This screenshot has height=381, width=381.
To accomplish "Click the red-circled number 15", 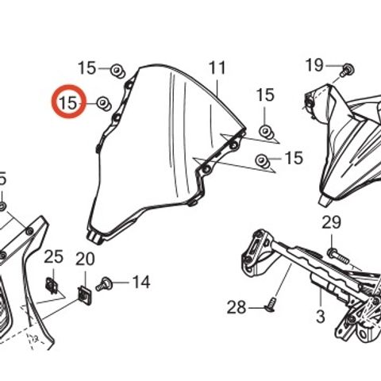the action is click(x=69, y=102).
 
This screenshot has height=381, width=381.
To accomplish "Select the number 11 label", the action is click(x=217, y=67).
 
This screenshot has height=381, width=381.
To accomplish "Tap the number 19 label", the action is click(x=314, y=65).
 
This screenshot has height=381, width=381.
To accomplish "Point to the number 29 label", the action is click(x=332, y=222).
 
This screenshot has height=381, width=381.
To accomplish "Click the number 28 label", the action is click(x=237, y=307).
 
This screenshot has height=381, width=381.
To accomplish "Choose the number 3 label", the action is click(x=321, y=316).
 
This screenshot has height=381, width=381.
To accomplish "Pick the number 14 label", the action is click(x=141, y=282).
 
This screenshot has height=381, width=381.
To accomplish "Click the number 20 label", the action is click(x=85, y=259).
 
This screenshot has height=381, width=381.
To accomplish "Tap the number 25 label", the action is click(x=53, y=256).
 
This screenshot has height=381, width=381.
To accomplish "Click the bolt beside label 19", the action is click(x=347, y=70).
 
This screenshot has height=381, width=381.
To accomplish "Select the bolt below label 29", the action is click(x=337, y=256).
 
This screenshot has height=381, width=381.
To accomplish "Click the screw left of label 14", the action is click(x=104, y=285).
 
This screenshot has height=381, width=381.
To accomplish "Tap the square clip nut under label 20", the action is click(x=85, y=295).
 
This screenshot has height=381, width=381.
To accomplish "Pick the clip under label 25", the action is click(x=51, y=286).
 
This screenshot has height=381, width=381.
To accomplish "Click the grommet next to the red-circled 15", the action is click(x=104, y=104).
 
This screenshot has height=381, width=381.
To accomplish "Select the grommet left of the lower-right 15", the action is click(x=263, y=161).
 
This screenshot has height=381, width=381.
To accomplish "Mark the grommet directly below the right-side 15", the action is click(x=266, y=132).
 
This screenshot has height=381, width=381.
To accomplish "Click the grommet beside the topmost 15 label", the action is click(x=117, y=71).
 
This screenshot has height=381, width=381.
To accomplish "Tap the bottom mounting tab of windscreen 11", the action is click(x=94, y=238).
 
